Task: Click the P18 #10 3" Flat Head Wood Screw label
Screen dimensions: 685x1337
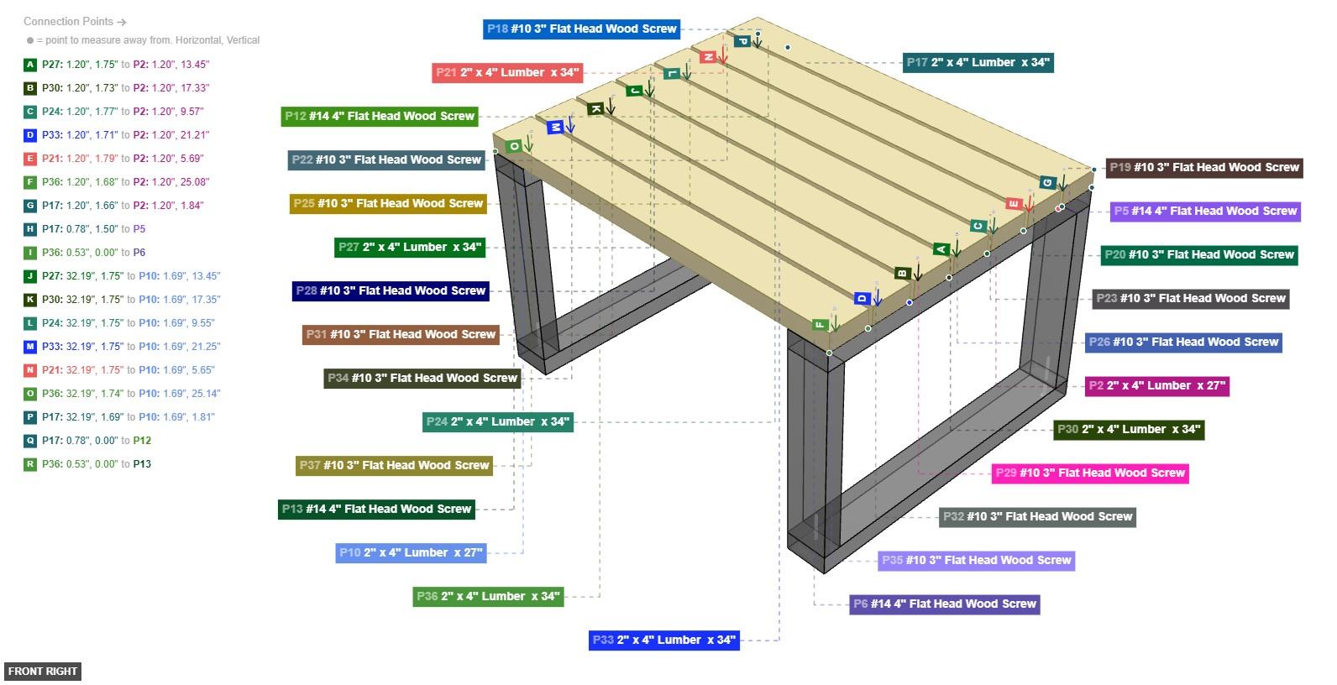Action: (581, 29)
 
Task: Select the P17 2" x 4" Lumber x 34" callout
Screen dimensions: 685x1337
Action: (978, 62)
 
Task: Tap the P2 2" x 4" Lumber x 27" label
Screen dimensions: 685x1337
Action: (1156, 386)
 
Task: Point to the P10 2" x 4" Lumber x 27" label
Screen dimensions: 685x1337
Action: (411, 552)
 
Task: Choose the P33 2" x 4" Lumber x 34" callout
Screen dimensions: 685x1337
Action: (663, 640)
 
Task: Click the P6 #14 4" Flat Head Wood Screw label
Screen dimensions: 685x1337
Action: (944, 604)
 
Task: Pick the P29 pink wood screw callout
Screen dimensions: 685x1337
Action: (1089, 473)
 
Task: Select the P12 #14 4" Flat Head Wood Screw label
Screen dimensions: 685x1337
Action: (379, 116)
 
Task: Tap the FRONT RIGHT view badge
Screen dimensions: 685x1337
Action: (43, 671)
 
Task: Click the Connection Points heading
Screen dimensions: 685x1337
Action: (75, 22)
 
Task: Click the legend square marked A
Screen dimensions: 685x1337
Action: (30, 65)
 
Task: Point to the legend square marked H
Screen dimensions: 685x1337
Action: (30, 229)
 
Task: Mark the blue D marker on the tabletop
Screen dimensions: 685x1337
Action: (861, 298)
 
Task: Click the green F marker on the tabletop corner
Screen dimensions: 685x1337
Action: (820, 324)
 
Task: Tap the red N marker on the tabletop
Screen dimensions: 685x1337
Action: (708, 57)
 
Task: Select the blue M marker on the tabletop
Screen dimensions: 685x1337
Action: (554, 128)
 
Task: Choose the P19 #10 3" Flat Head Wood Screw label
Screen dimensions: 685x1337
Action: (1203, 168)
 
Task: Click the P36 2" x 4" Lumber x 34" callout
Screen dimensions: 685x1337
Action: (487, 596)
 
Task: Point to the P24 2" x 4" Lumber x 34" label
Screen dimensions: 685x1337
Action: (497, 421)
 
